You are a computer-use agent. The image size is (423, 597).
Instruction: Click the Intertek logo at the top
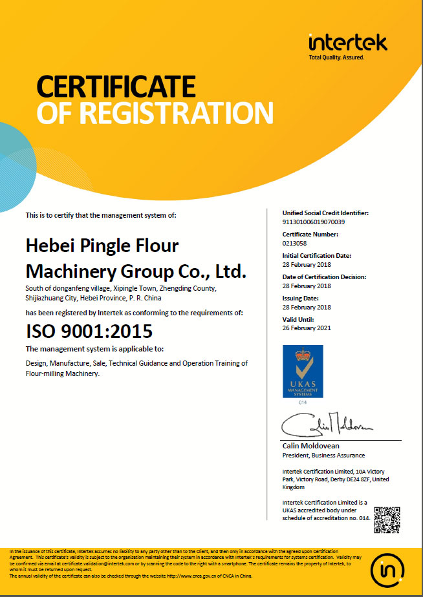[x=348, y=43]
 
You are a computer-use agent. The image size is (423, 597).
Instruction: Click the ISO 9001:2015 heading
[x=89, y=331]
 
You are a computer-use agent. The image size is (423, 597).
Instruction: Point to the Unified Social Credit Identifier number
[x=314, y=222]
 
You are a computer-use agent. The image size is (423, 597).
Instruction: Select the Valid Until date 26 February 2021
[x=307, y=328]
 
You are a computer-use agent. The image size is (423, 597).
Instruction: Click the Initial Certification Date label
[x=317, y=256]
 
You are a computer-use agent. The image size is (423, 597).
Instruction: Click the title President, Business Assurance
[x=323, y=455]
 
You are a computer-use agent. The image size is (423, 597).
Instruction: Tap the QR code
[x=389, y=519]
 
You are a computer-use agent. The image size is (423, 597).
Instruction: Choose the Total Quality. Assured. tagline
[x=336, y=58]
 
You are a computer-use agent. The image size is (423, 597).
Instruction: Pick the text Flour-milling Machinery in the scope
[x=63, y=373]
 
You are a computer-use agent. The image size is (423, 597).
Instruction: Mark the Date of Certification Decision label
[x=325, y=277]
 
